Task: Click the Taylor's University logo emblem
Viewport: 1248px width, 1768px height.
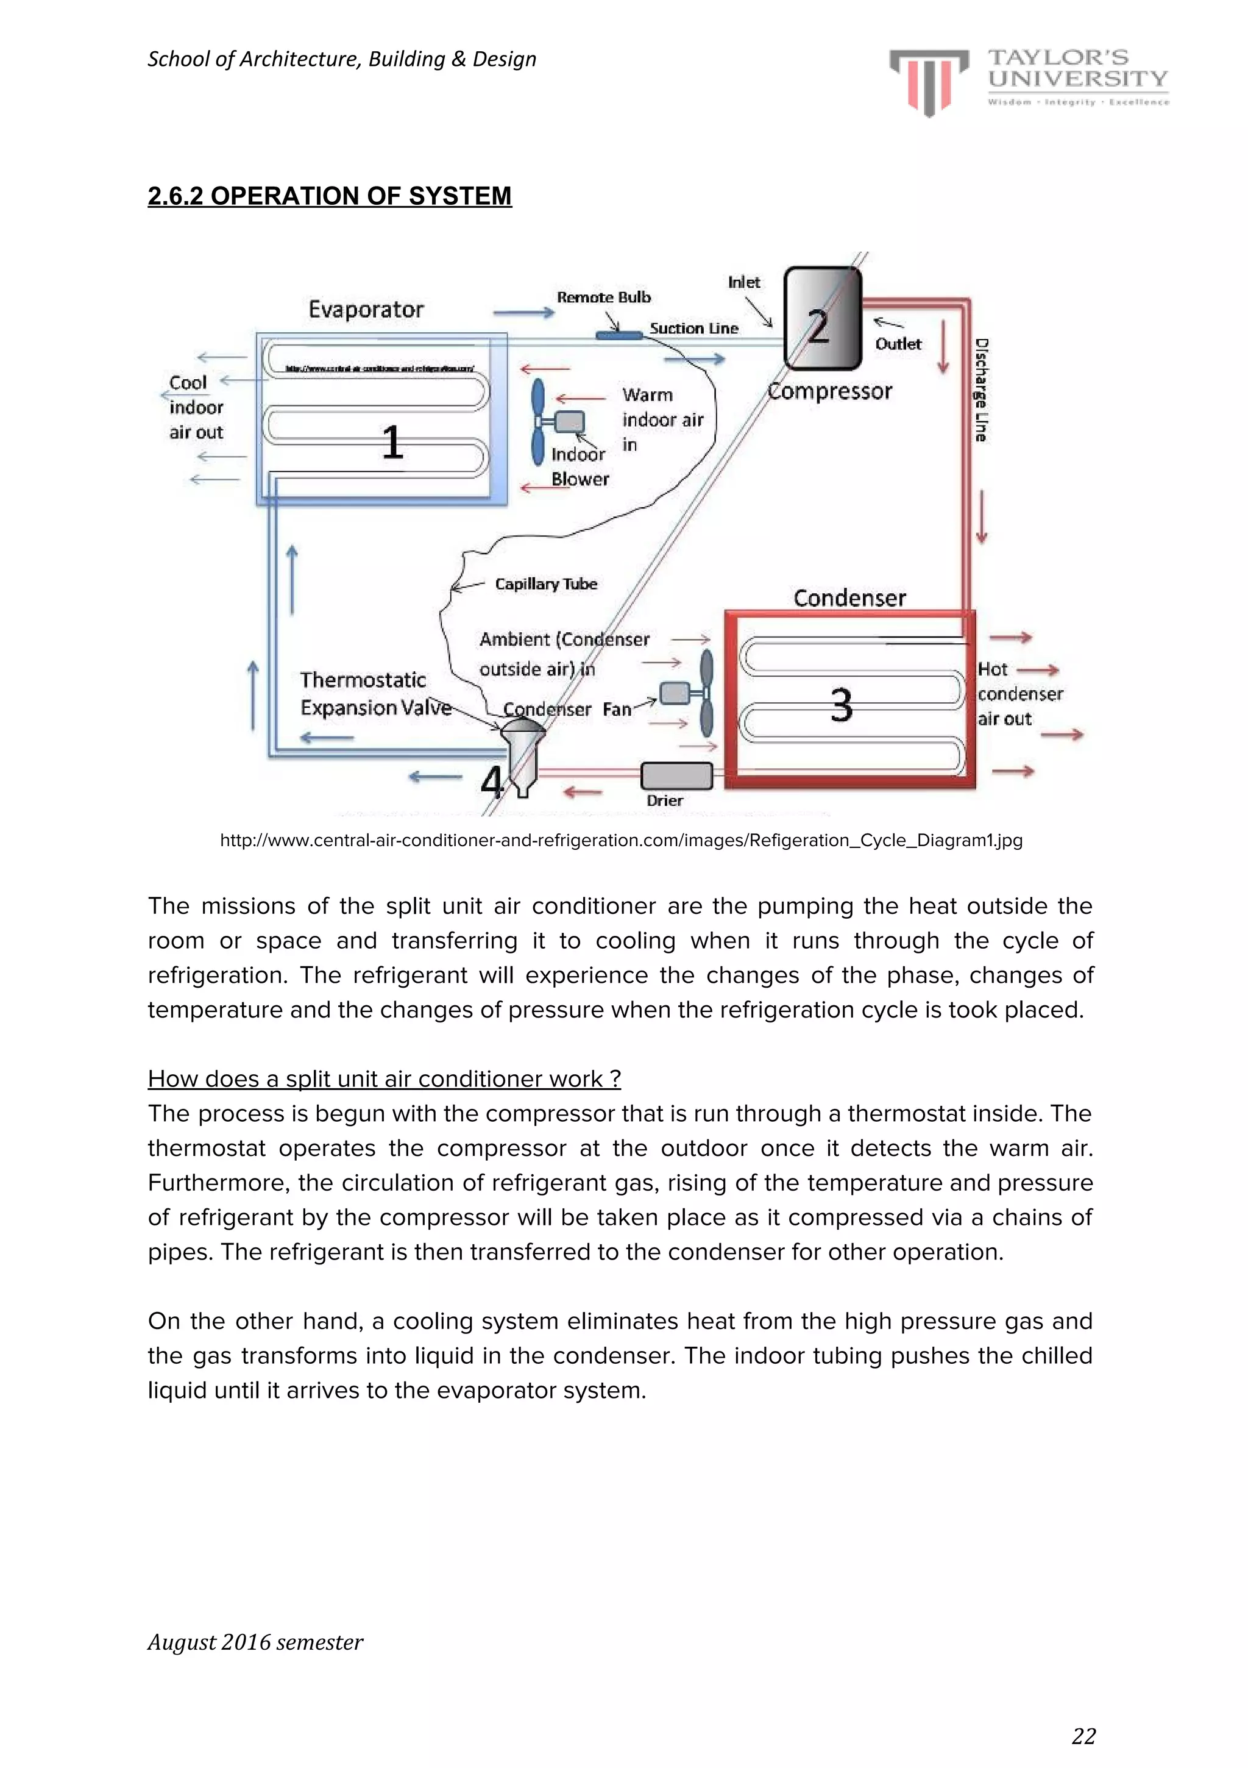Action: coord(929,82)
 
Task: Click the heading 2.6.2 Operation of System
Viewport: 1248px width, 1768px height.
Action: coord(330,196)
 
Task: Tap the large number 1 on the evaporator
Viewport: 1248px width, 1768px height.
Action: coord(392,443)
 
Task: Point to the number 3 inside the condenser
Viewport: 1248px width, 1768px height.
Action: coord(841,705)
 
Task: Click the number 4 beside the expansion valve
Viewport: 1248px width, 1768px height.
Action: coord(491,781)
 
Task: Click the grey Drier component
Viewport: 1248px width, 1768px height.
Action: coord(676,775)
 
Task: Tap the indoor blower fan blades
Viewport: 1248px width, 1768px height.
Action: coord(538,421)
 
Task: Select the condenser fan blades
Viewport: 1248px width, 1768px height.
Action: coord(706,693)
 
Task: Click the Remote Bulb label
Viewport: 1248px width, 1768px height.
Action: coord(604,298)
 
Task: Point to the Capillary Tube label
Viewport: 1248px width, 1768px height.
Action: coord(546,583)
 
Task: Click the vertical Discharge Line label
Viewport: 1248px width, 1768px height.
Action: coord(981,390)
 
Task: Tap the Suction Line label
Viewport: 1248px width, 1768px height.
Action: coord(693,329)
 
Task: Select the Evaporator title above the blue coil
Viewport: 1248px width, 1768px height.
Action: coord(366,310)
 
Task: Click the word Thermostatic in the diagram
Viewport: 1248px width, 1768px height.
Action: coord(363,680)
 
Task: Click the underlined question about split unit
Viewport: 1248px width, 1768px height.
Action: coord(383,1079)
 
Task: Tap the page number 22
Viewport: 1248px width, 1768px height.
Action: coord(1083,1736)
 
